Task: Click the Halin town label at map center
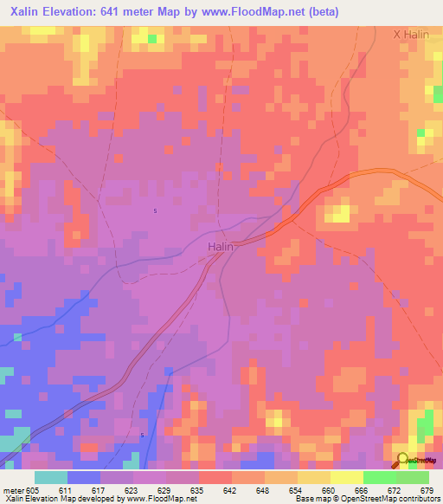coord(221,247)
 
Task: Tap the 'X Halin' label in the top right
coord(412,34)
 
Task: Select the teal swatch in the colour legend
coord(50,477)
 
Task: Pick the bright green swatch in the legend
coord(380,477)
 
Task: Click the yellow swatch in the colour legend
coord(347,477)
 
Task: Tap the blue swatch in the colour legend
coord(83,477)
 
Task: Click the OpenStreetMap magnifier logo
coord(403,461)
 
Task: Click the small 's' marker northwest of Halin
coord(155,211)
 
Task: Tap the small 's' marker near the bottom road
coord(142,435)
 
